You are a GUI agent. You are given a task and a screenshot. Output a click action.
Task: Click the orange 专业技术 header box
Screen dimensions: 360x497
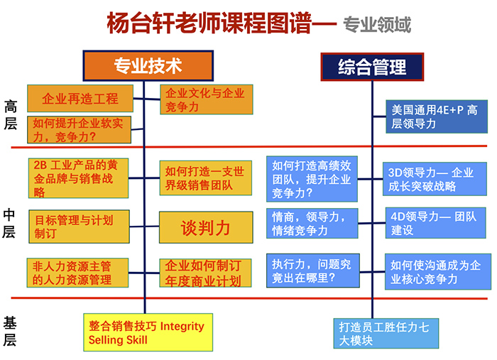pyautogui.click(x=148, y=66)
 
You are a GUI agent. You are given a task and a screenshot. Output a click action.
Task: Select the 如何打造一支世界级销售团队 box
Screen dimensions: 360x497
pyautogui.click(x=206, y=178)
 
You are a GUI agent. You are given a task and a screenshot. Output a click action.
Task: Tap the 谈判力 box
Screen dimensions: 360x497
pyautogui.click(x=206, y=227)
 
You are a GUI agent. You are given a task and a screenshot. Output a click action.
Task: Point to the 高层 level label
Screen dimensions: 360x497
pyautogui.click(x=10, y=115)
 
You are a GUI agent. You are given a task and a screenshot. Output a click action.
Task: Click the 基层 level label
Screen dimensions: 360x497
pyautogui.click(x=10, y=330)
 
